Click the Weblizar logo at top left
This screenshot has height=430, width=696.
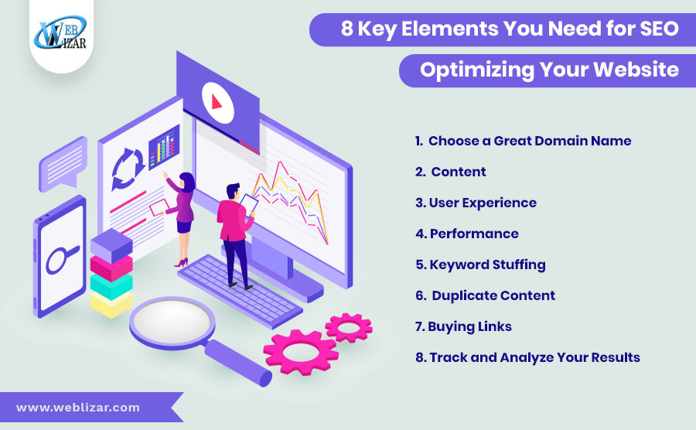click(61, 32)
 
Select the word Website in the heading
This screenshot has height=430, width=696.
click(636, 70)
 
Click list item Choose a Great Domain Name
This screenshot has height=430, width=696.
click(523, 141)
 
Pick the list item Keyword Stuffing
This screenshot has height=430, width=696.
click(481, 264)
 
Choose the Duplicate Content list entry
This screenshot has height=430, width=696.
click(485, 295)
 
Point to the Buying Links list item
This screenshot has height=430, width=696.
click(463, 326)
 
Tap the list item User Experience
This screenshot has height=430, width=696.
click(476, 203)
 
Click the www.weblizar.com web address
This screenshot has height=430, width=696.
click(78, 408)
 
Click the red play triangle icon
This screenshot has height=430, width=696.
click(217, 102)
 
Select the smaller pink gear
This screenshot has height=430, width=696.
click(349, 327)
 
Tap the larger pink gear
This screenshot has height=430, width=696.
click(301, 352)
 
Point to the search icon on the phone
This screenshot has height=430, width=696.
click(62, 259)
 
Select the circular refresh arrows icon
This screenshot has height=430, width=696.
click(128, 169)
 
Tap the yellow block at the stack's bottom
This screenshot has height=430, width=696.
click(111, 305)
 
